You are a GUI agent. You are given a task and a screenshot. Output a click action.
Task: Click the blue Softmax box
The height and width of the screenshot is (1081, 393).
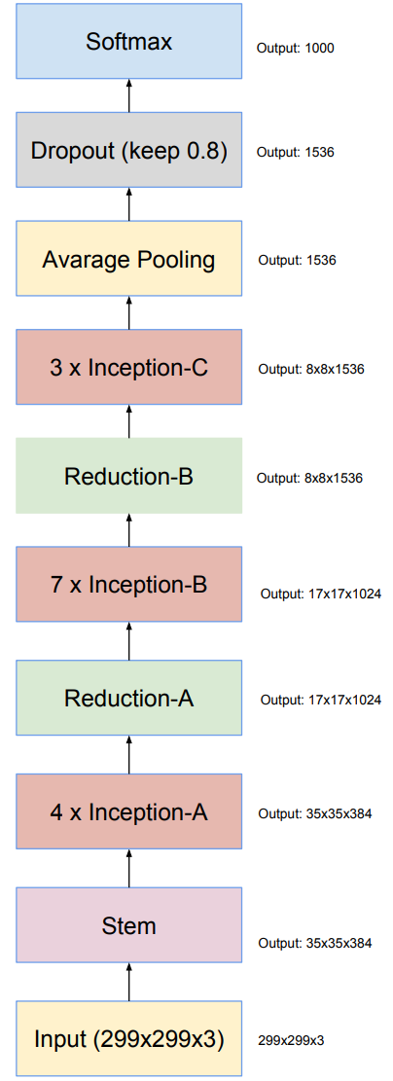[129, 42]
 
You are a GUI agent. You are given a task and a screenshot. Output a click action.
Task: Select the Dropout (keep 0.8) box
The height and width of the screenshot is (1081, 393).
[129, 150]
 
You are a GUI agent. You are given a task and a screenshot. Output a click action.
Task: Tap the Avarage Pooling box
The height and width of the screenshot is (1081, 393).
[129, 259]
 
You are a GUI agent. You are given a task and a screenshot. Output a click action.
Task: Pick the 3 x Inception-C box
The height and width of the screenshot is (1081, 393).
[129, 367]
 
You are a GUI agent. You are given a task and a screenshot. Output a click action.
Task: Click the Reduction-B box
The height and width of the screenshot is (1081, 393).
[129, 476]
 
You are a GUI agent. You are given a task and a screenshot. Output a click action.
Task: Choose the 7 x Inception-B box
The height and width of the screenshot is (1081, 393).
[129, 585]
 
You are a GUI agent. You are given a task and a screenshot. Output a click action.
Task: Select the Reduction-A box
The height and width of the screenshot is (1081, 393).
[129, 698]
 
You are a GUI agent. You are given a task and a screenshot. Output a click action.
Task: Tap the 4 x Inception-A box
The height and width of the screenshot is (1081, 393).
[129, 811]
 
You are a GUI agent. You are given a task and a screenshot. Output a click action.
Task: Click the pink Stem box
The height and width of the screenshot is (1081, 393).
[129, 925]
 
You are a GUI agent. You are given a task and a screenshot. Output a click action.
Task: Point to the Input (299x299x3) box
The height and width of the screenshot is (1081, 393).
[129, 1039]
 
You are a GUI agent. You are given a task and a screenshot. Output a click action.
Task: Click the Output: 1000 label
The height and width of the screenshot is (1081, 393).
[295, 49]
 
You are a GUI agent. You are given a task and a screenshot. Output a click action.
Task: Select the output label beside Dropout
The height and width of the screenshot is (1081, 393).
[296, 153]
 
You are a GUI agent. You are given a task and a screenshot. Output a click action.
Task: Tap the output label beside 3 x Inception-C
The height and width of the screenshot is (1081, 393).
[311, 370]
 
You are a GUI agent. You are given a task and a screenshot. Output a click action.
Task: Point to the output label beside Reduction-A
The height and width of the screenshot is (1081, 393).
[321, 701]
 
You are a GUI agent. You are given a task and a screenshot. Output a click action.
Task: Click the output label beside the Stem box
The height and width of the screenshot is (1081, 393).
[315, 943]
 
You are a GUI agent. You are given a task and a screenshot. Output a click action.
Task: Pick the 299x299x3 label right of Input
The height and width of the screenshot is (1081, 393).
[291, 1040]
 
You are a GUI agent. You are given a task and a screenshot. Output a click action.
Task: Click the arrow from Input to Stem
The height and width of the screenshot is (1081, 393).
[129, 983]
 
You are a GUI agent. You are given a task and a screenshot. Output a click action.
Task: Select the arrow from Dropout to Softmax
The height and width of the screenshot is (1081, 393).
[129, 95]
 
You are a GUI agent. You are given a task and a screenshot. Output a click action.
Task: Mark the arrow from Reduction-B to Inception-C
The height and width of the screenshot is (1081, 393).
[129, 421]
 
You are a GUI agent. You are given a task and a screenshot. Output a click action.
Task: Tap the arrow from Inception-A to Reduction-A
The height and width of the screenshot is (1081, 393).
[129, 755]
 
